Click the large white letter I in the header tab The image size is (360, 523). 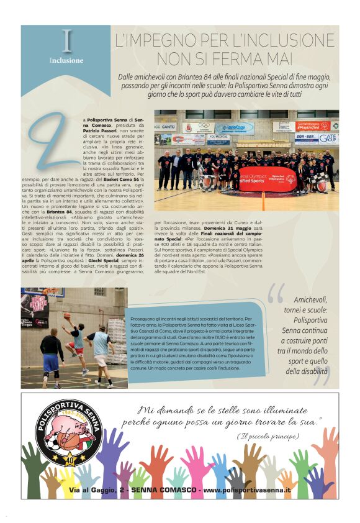[67, 42]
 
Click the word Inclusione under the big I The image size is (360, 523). [66, 60]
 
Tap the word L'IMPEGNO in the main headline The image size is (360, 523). [153, 42]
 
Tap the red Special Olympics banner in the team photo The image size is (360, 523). [267, 179]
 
